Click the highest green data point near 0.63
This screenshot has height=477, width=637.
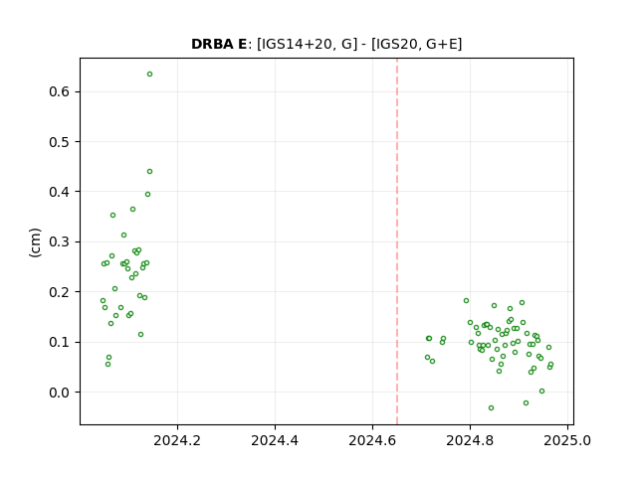click(x=149, y=75)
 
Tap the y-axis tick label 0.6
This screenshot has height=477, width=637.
click(x=60, y=91)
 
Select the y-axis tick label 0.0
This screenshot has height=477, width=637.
click(x=60, y=393)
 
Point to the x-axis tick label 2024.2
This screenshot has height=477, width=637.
click(x=177, y=440)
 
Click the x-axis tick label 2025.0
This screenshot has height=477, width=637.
click(x=567, y=440)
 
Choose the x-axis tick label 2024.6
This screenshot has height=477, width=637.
click(x=372, y=440)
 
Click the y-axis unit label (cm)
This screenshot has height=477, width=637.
click(x=36, y=242)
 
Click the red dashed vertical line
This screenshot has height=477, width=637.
click(x=397, y=241)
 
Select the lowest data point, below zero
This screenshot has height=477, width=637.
click(x=491, y=407)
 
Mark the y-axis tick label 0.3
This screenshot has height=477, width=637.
click(x=60, y=241)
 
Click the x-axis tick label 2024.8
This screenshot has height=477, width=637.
click(x=470, y=440)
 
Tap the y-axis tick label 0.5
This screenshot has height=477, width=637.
click(x=60, y=141)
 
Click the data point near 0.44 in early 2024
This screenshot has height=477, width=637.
click(x=149, y=172)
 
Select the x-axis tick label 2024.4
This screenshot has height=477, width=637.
click(x=275, y=440)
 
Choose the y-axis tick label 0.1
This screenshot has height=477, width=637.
click(x=60, y=342)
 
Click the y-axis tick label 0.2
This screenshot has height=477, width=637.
click(x=60, y=292)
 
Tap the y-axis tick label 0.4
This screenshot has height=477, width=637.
click(x=60, y=192)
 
